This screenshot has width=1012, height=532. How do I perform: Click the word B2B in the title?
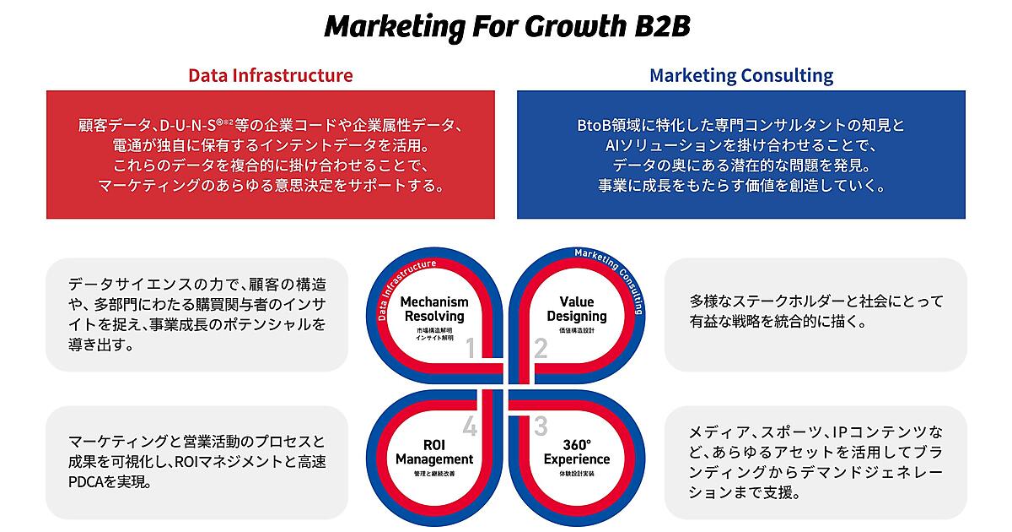click(x=662, y=26)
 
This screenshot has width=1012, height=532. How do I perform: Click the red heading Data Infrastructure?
click(x=271, y=75)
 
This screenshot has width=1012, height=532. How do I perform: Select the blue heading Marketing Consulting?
click(x=741, y=75)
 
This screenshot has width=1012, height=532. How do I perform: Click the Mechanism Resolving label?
click(x=434, y=309)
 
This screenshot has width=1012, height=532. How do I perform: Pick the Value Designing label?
click(x=577, y=309)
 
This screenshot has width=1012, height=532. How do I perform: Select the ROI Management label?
click(x=434, y=452)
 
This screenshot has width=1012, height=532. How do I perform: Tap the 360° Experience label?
click(x=577, y=452)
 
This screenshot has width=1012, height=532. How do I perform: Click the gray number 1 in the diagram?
click(x=471, y=348)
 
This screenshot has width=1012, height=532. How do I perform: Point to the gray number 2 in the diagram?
click(x=541, y=348)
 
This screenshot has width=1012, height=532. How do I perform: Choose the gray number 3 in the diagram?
click(x=541, y=426)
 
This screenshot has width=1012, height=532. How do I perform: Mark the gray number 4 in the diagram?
click(x=470, y=426)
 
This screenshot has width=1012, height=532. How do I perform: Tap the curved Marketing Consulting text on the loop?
click(x=616, y=275)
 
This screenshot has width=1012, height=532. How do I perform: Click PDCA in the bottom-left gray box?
click(x=86, y=482)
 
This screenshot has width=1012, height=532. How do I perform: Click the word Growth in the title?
click(x=575, y=26)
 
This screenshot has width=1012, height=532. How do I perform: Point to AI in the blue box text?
click(x=612, y=145)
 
